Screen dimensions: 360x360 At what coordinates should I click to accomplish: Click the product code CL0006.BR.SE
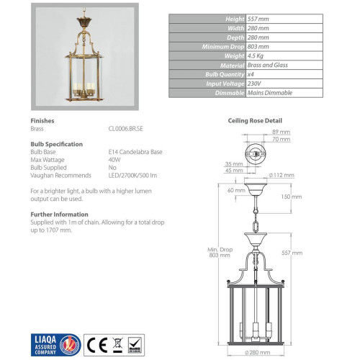point(126,129)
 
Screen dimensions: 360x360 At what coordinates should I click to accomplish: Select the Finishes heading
point(43,121)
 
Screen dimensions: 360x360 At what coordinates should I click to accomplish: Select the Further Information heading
point(59,214)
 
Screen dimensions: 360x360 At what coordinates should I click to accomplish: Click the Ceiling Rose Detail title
point(255,121)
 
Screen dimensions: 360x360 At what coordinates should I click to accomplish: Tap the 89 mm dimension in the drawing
point(282,132)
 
